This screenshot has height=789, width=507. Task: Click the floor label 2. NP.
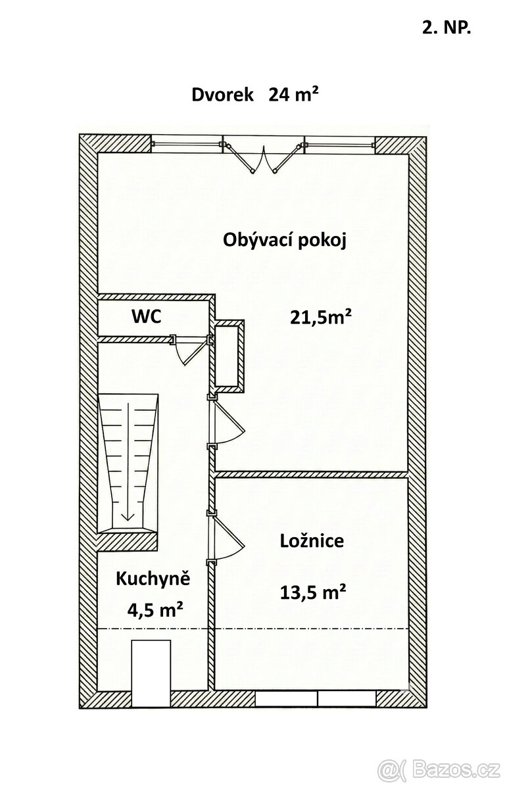[446, 27]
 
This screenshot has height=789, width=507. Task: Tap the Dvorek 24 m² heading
[255, 95]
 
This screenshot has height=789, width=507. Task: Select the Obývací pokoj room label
[285, 240]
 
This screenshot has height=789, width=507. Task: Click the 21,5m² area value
[321, 318]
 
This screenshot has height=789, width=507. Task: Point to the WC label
[146, 316]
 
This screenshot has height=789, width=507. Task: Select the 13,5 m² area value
[313, 592]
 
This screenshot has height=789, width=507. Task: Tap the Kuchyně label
[153, 579]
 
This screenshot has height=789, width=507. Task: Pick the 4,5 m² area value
[155, 610]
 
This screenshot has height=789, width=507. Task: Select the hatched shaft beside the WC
[229, 355]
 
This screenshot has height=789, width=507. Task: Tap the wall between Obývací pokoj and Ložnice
[312, 474]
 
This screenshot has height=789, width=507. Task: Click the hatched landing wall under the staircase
[128, 540]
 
